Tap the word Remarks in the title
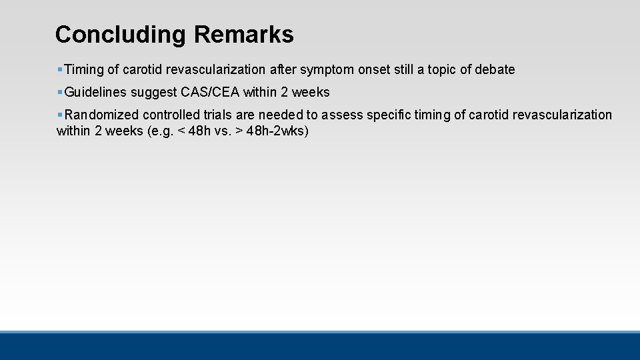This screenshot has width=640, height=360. pyautogui.click(x=243, y=35)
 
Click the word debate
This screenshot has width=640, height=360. pyautogui.click(x=495, y=69)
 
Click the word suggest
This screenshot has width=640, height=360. pyautogui.click(x=153, y=92)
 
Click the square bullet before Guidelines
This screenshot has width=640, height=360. pyautogui.click(x=60, y=92)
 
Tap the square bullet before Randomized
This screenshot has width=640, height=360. pyautogui.click(x=60, y=115)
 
